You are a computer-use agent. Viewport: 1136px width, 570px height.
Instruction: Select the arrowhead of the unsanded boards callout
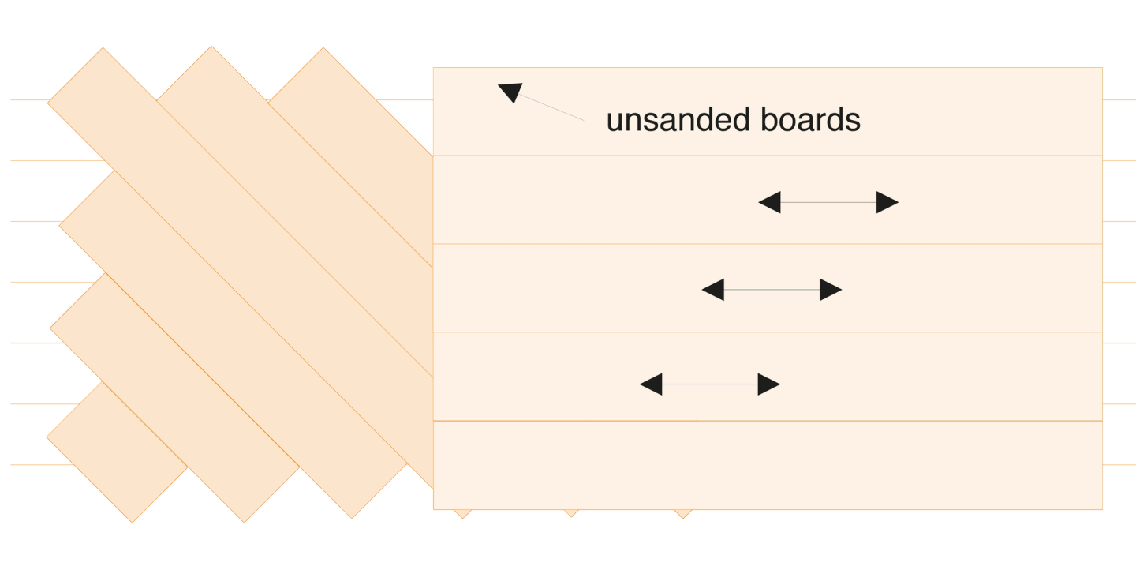pyautogui.click(x=510, y=92)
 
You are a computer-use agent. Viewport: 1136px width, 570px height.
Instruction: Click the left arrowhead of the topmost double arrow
pyautogui.click(x=769, y=203)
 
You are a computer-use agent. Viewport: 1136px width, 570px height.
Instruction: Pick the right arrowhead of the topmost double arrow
pyautogui.click(x=887, y=203)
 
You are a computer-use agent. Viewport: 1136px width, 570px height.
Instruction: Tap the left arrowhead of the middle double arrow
pyautogui.click(x=712, y=290)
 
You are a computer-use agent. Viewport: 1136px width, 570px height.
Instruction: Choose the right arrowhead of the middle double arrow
pyautogui.click(x=831, y=290)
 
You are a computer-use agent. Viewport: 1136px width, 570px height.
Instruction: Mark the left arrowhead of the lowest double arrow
pyautogui.click(x=651, y=384)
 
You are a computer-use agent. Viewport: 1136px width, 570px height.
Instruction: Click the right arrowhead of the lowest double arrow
pyautogui.click(x=769, y=384)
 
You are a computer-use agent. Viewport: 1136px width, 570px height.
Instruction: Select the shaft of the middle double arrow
pyautogui.click(x=772, y=290)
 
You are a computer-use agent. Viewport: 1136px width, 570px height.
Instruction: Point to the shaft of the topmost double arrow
pyautogui.click(x=828, y=203)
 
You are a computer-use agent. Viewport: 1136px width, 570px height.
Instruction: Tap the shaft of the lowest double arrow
pyautogui.click(x=710, y=384)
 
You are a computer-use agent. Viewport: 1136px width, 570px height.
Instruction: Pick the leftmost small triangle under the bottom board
pyautogui.click(x=462, y=516)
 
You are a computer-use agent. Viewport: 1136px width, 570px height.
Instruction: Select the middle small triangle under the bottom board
pyautogui.click(x=570, y=515)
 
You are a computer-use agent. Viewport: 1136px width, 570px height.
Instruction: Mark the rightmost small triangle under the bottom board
pyautogui.click(x=683, y=516)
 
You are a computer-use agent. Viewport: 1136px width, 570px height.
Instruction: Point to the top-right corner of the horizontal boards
pyautogui.click(x=1102, y=67)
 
